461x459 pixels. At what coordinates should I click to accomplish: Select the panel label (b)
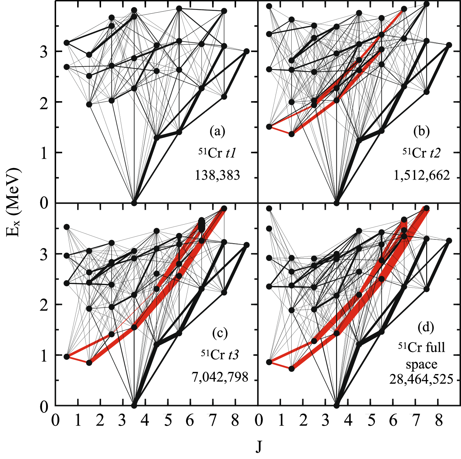pos(421,131)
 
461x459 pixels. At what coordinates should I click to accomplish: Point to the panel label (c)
pos(220,333)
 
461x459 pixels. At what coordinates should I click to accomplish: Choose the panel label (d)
pos(426,327)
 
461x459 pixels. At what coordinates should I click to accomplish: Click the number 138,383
pos(218,175)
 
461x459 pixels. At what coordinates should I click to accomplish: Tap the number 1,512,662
pos(422,175)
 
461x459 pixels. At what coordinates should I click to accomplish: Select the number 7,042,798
pos(220,377)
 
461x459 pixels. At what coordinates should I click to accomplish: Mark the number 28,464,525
pos(421,379)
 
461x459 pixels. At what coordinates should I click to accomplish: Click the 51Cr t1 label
pos(217,153)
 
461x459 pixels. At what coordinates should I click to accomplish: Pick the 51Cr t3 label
pos(220,354)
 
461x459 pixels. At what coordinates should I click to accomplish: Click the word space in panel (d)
pos(421,364)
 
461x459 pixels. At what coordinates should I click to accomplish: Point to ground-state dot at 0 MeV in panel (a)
pos(134,203)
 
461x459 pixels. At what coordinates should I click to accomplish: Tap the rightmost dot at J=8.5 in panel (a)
pos(247,51)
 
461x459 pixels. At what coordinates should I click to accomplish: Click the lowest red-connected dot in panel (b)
pos(292,134)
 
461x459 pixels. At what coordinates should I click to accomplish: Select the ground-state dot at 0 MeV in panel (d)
pos(337,405)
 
